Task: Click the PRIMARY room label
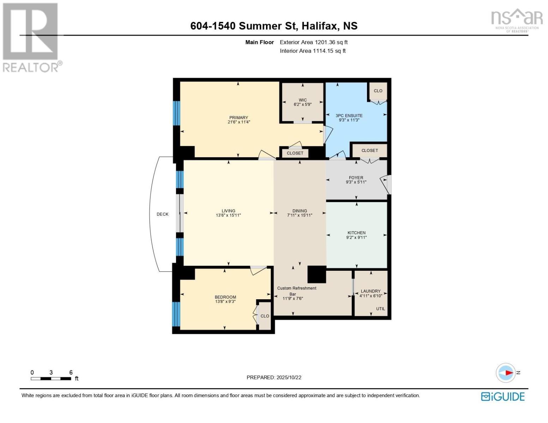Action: click(x=239, y=117)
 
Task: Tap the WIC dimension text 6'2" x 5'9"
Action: click(x=302, y=105)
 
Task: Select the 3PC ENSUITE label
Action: click(x=349, y=115)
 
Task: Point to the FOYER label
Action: click(x=356, y=178)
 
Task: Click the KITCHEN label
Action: click(x=356, y=233)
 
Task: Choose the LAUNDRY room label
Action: click(x=371, y=291)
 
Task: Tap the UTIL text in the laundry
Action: click(x=380, y=309)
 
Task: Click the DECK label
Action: click(x=162, y=214)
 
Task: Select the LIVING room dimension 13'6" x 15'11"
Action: click(x=228, y=215)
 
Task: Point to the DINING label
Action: click(x=299, y=211)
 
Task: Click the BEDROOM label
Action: click(x=225, y=297)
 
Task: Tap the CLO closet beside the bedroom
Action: click(x=265, y=316)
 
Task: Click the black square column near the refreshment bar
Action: click(x=317, y=274)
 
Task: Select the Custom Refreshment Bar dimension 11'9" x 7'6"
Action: click(x=293, y=299)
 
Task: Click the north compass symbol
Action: click(x=506, y=373)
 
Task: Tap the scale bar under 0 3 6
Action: click(x=51, y=379)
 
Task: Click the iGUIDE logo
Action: click(x=502, y=397)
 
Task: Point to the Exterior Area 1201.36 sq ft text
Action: click(x=314, y=42)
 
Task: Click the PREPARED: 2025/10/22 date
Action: click(x=274, y=378)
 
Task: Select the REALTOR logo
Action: click(x=31, y=37)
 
